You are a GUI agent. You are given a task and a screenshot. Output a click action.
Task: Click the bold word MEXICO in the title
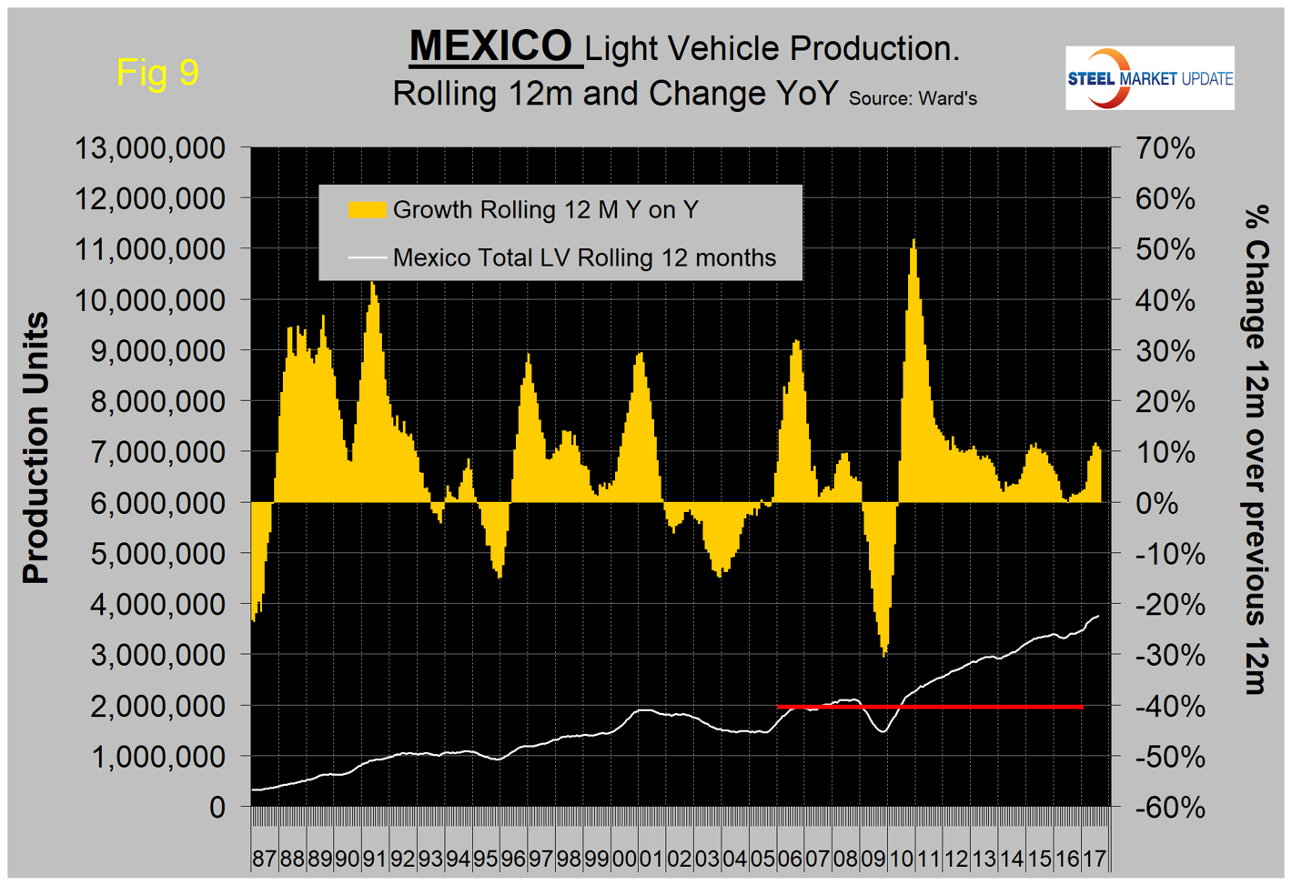coord(491,46)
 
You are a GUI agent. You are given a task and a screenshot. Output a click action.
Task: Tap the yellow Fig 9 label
coord(157,72)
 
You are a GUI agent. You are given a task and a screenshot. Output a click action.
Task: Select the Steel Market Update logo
coord(1149,78)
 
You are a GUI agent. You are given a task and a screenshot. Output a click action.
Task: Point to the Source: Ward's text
coord(913,98)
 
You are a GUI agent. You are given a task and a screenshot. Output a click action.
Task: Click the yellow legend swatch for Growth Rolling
coord(367,210)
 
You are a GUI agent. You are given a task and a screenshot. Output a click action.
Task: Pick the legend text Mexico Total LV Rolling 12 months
coord(584,258)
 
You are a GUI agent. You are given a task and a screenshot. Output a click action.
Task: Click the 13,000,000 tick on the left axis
coord(149,148)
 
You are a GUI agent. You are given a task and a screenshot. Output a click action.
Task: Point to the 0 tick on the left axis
coord(217,807)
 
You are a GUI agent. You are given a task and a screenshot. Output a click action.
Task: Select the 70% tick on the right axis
coord(1165,148)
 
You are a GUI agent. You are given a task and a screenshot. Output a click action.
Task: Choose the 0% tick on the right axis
coord(1156,502)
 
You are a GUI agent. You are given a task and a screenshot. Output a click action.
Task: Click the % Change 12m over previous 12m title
coord(1256,450)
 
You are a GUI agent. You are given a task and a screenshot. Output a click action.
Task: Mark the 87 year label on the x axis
coord(264,858)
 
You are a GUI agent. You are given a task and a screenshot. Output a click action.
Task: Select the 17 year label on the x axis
coord(1094,858)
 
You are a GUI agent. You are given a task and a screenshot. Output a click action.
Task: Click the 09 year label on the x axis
coord(873,858)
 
